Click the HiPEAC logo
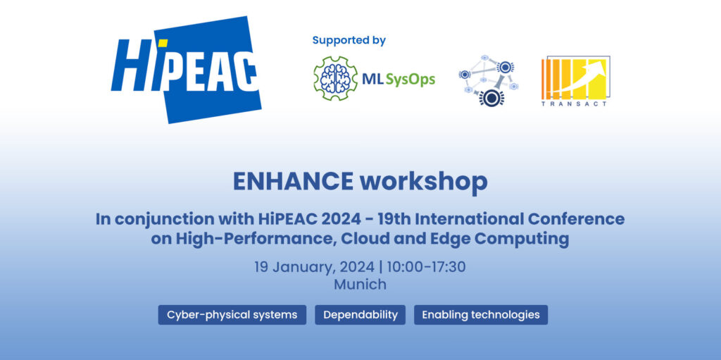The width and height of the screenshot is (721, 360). (186, 70)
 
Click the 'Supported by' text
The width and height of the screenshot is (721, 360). (349, 41)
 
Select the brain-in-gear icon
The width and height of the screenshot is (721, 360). (335, 78)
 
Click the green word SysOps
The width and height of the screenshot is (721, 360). (410, 80)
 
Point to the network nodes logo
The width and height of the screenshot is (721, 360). (489, 80)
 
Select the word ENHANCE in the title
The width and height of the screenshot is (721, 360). (294, 181)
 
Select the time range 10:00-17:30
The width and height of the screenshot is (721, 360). (426, 267)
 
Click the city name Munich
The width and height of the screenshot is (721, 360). (360, 285)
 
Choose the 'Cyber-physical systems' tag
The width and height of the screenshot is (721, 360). (232, 315)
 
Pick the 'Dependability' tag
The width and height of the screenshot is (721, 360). (360, 315)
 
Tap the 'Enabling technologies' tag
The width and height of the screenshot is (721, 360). (481, 315)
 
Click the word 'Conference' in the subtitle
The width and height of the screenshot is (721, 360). (576, 219)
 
